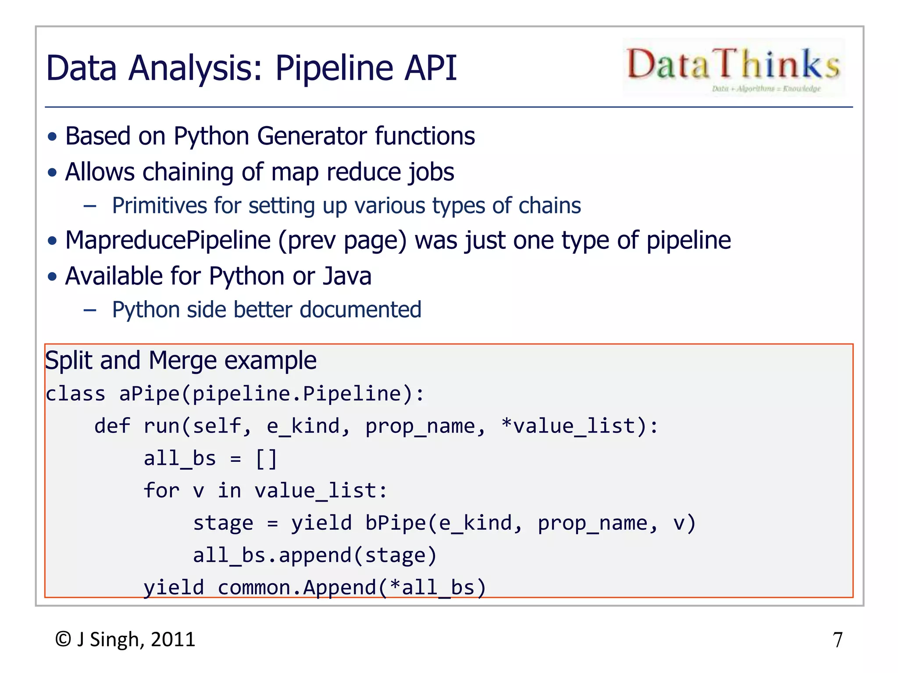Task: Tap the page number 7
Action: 837,640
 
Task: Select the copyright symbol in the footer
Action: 63,639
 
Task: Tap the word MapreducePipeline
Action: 168,241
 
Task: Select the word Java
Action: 347,276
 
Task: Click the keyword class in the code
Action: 75,394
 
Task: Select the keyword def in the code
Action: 112,426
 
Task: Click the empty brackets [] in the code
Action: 266,459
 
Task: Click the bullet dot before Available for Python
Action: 53,277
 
